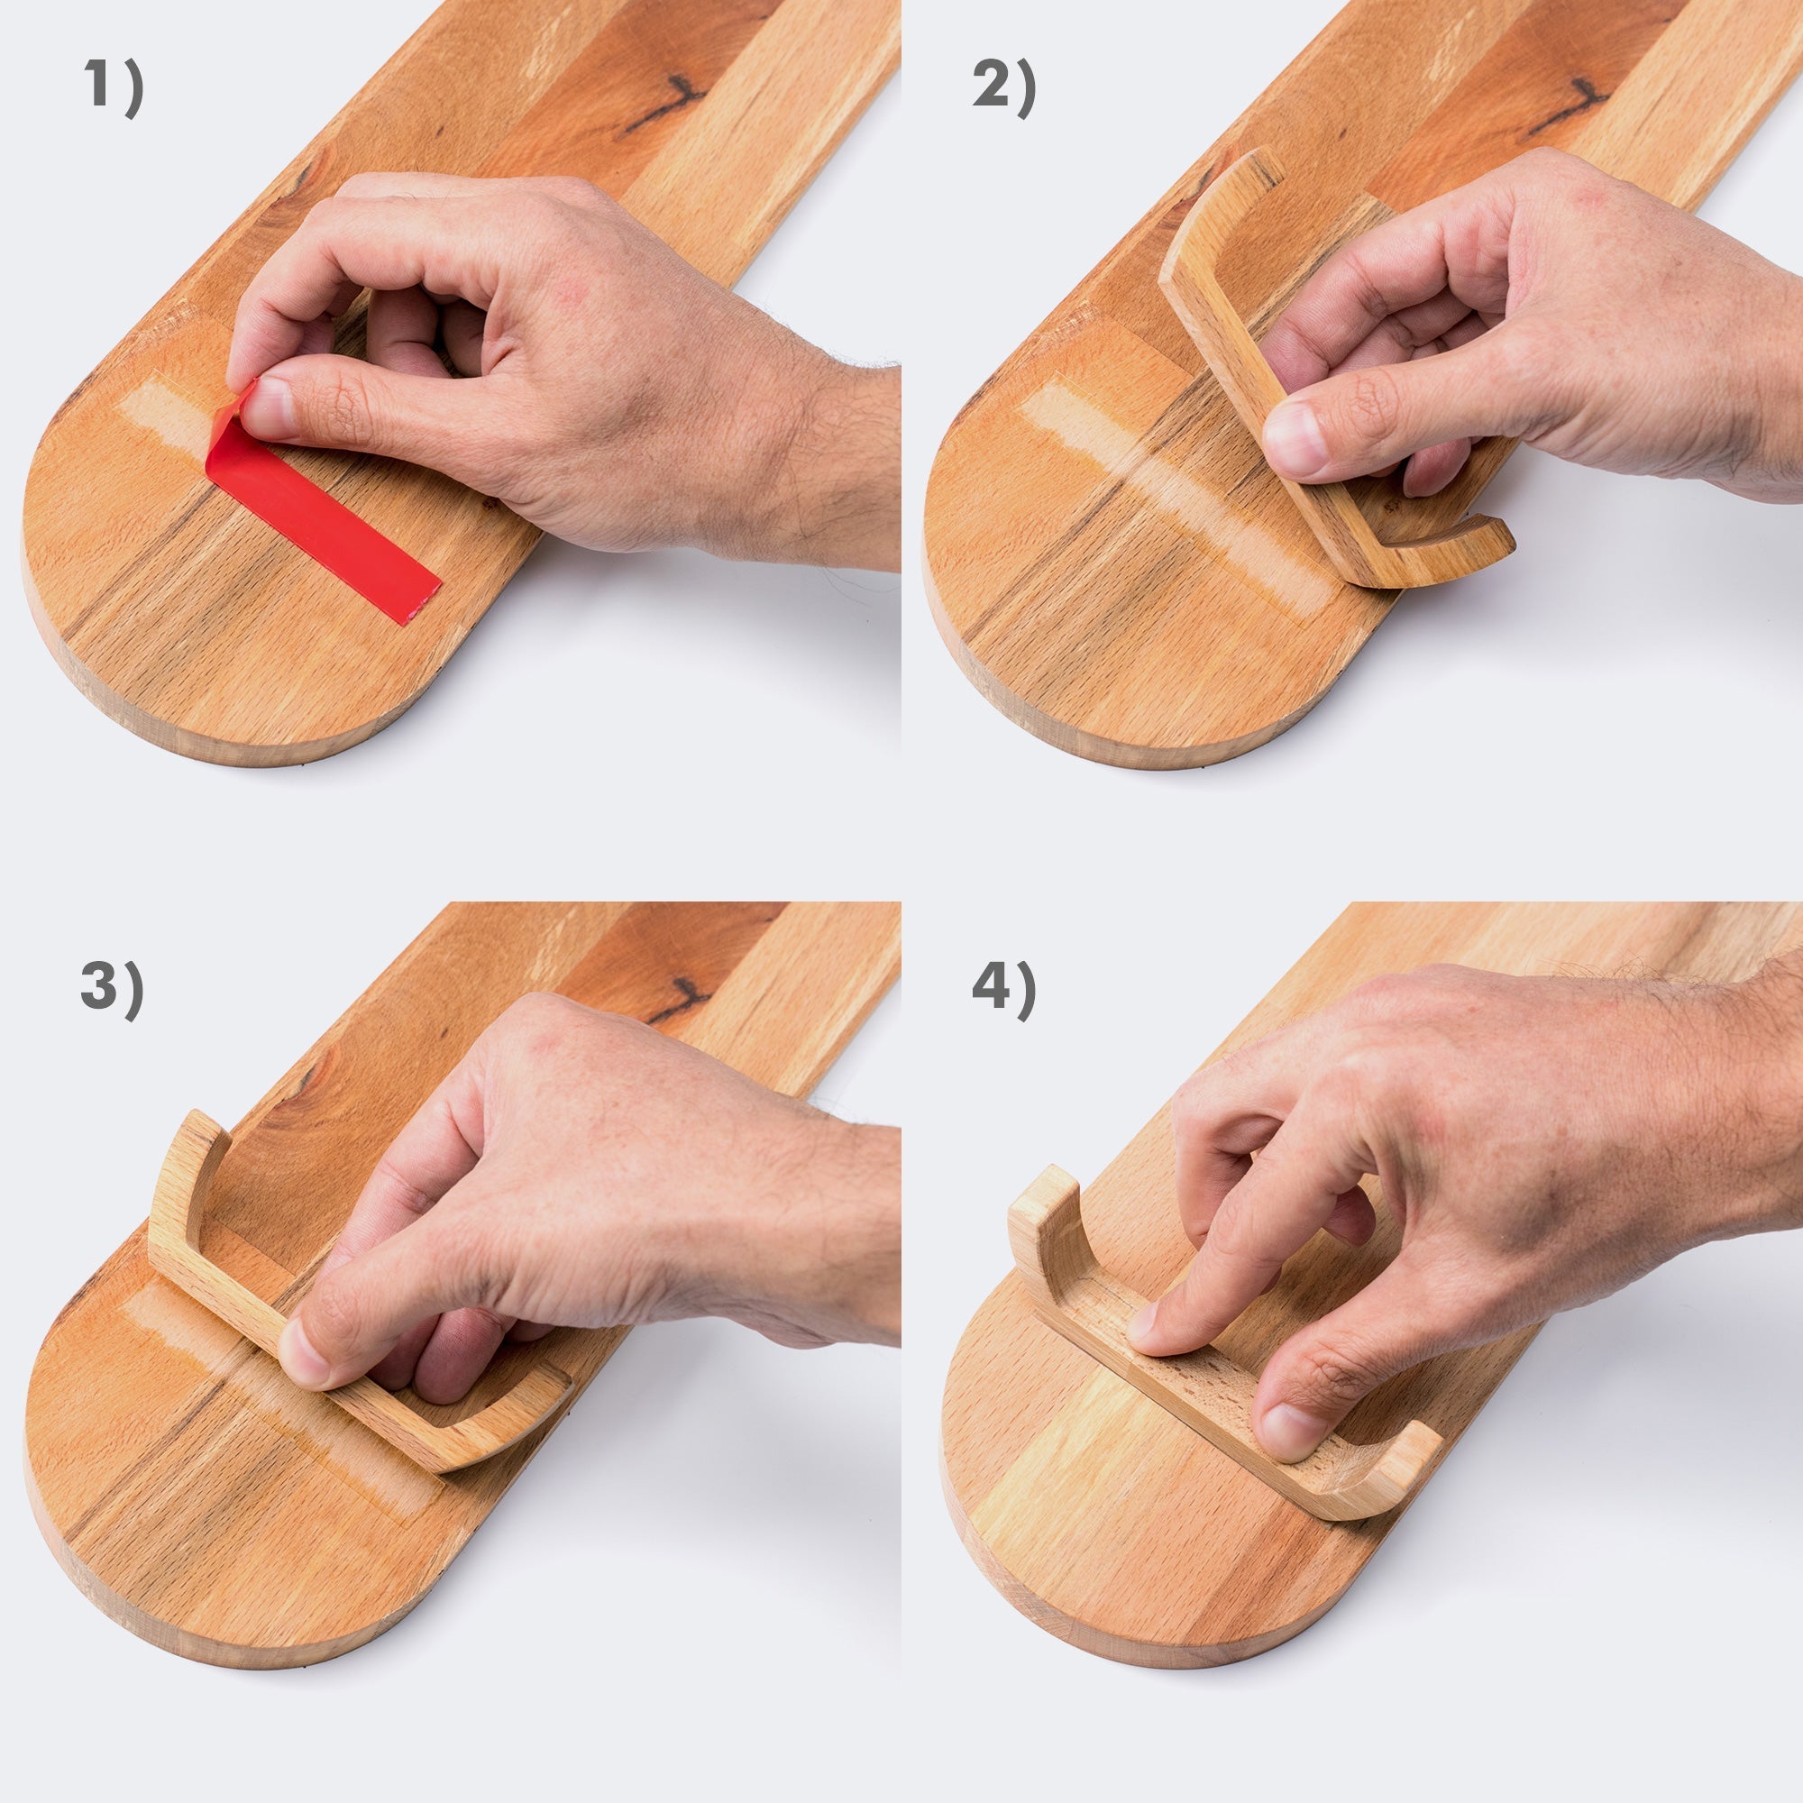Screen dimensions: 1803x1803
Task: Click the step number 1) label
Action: [114, 85]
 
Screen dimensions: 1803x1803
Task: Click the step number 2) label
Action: [1004, 85]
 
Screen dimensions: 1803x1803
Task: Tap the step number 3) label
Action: [112, 989]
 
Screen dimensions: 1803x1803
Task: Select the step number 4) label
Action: [1004, 989]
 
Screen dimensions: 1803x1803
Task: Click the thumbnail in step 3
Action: [304, 1353]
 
